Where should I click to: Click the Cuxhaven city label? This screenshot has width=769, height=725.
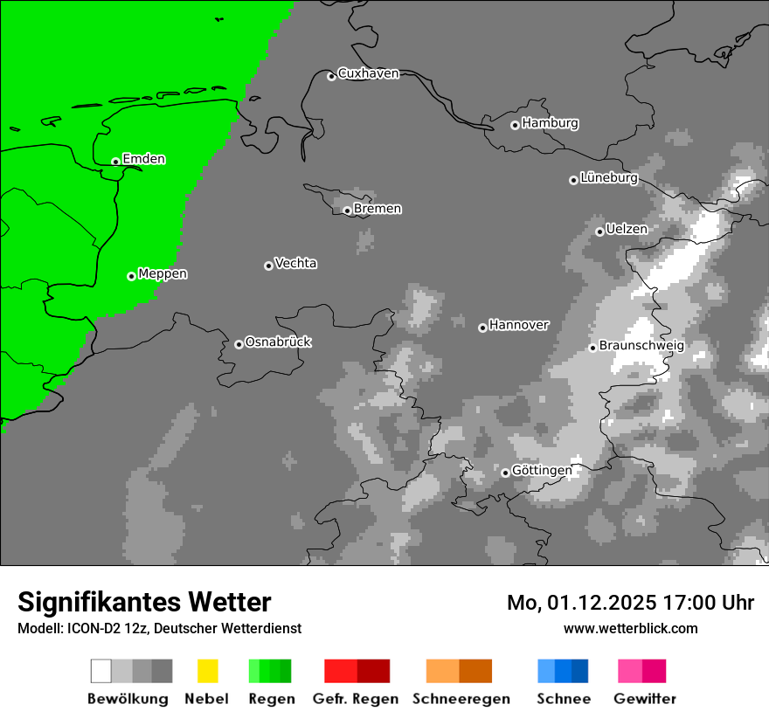(x=368, y=73)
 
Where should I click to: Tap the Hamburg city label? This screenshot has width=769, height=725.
(x=550, y=123)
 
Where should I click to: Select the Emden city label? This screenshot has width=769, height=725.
(x=143, y=159)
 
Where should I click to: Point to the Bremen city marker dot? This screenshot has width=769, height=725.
(x=347, y=211)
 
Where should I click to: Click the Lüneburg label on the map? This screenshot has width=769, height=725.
(x=609, y=178)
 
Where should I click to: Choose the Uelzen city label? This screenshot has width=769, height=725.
(x=627, y=229)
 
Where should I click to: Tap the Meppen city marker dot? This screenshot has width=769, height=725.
(x=131, y=276)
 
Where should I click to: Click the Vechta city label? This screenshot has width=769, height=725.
(x=295, y=263)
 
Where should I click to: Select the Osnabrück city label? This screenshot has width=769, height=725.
(x=278, y=342)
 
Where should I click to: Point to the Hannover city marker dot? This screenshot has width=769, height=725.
(x=482, y=328)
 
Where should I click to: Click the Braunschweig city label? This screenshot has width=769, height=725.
(x=641, y=345)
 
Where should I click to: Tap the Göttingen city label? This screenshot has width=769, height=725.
(x=542, y=470)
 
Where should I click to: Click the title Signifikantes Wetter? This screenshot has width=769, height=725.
(x=144, y=602)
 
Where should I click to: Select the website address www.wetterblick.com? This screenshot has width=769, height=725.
(x=630, y=628)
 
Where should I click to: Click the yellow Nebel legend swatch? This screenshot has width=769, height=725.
(x=207, y=671)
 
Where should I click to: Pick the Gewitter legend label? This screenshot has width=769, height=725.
(x=645, y=699)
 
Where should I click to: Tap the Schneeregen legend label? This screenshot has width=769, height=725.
(x=461, y=699)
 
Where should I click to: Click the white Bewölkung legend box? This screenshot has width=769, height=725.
(x=101, y=671)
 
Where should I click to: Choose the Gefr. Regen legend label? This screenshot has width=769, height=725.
(x=355, y=699)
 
